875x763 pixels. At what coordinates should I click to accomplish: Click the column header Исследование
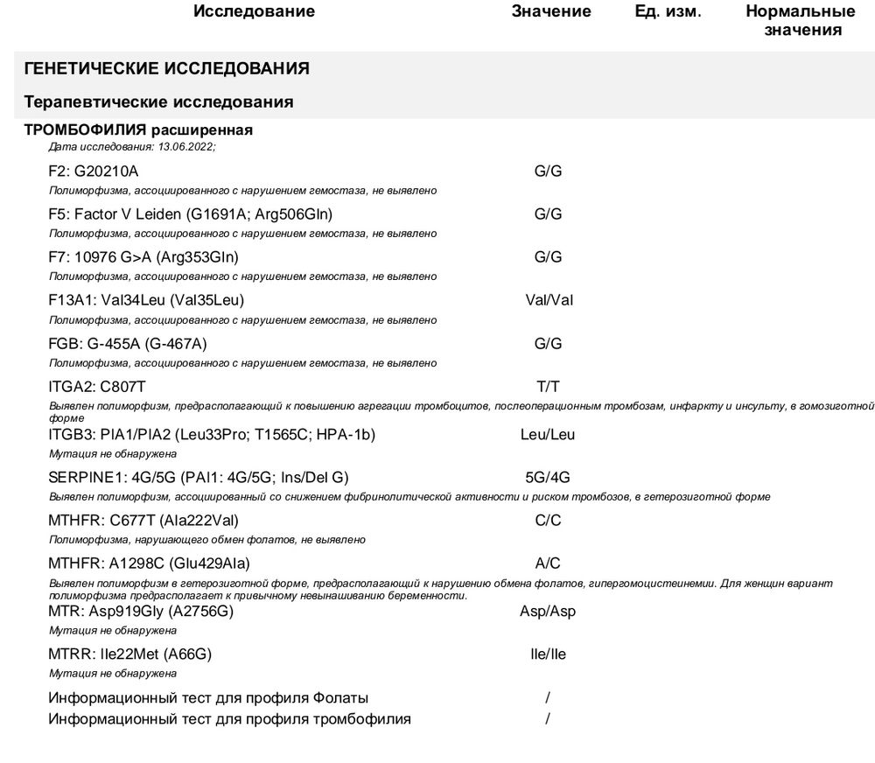click(x=254, y=11)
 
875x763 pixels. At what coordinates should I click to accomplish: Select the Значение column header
click(x=551, y=11)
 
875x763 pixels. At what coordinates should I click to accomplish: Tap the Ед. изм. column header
click(x=668, y=11)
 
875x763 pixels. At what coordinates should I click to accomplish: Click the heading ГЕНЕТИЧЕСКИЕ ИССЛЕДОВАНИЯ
click(x=166, y=68)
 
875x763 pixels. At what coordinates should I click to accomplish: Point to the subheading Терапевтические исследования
click(x=158, y=102)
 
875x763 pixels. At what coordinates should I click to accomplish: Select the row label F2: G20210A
click(x=94, y=171)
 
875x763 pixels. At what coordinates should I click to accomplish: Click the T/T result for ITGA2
click(x=548, y=386)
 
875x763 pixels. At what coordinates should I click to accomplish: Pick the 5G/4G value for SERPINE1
click(x=548, y=477)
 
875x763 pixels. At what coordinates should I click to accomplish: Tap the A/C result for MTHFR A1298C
click(x=548, y=563)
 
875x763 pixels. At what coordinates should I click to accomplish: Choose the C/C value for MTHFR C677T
click(x=548, y=520)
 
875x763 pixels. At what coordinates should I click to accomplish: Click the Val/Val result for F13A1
click(x=549, y=300)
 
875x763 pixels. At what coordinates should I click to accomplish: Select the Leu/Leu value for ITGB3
click(x=548, y=434)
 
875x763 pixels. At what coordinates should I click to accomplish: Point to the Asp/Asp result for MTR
click(x=548, y=612)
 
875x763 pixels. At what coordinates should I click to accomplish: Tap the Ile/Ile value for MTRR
click(x=548, y=654)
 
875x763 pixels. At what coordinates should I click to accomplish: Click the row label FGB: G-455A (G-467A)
click(x=128, y=343)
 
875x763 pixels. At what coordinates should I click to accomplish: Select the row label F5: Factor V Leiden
click(x=191, y=214)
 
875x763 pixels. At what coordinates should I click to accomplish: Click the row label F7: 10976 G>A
click(x=143, y=257)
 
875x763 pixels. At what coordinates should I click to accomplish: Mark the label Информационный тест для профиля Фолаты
click(x=208, y=698)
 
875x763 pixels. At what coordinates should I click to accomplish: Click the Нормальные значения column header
click(x=800, y=21)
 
